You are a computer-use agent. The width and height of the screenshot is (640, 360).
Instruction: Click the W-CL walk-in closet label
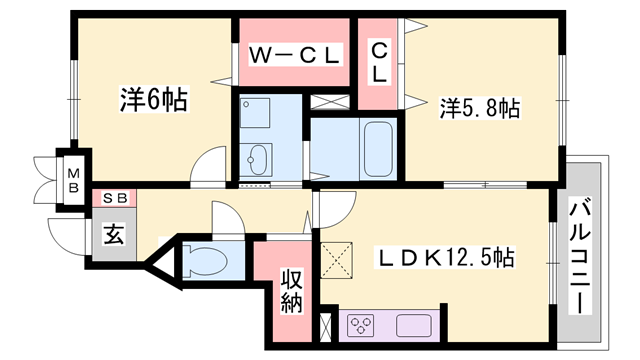click(294, 55)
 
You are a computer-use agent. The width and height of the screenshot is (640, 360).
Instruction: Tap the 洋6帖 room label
click(154, 99)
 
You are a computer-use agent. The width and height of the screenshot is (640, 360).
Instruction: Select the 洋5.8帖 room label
click(480, 108)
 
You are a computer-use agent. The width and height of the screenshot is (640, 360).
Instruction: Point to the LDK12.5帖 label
click(444, 258)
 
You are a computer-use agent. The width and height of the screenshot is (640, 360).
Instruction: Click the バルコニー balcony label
click(580, 257)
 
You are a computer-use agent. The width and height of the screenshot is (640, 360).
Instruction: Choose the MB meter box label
click(73, 181)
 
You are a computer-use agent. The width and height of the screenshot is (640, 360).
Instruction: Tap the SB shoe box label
click(114, 198)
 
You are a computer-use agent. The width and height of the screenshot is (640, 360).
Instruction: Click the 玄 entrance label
click(114, 234)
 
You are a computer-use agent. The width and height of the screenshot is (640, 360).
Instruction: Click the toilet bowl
click(205, 260)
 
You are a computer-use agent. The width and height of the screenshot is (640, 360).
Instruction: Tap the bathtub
click(378, 149)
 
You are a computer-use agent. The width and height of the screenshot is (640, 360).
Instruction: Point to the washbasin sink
click(257, 160)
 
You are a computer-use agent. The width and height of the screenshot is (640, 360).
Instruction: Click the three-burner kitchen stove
click(360, 325)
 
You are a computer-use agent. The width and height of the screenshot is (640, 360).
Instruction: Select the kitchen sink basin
click(413, 325)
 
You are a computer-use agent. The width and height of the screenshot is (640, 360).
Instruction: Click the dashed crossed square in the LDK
click(336, 260)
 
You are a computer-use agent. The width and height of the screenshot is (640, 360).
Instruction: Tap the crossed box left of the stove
click(326, 327)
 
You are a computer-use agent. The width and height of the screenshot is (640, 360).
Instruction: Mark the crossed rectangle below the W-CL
click(330, 102)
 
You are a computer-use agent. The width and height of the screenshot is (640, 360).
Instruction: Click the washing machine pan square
click(254, 113)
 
